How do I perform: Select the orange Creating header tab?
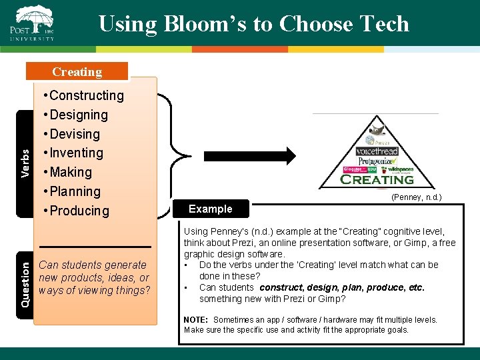coord(77,71)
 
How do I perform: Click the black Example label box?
coord(211,209)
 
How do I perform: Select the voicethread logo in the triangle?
coord(377,151)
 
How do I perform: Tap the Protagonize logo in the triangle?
coord(377,161)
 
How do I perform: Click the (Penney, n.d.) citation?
coord(416,197)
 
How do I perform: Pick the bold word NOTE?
coord(197,320)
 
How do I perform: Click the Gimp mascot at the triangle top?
coord(379,131)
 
